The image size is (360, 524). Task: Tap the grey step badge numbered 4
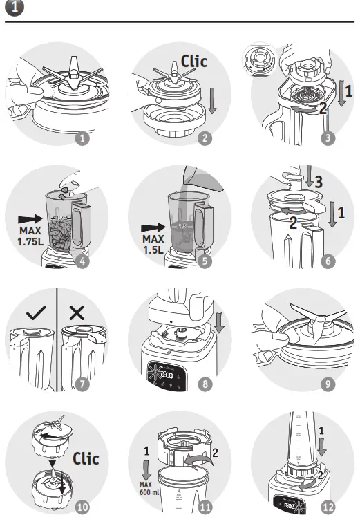point(83,261)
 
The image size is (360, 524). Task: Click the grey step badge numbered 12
point(328,507)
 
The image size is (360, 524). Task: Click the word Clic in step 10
point(86,458)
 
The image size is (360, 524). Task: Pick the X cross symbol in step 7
point(77,312)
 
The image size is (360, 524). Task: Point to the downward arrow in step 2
point(211,100)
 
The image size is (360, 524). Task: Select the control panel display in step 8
point(164,375)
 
